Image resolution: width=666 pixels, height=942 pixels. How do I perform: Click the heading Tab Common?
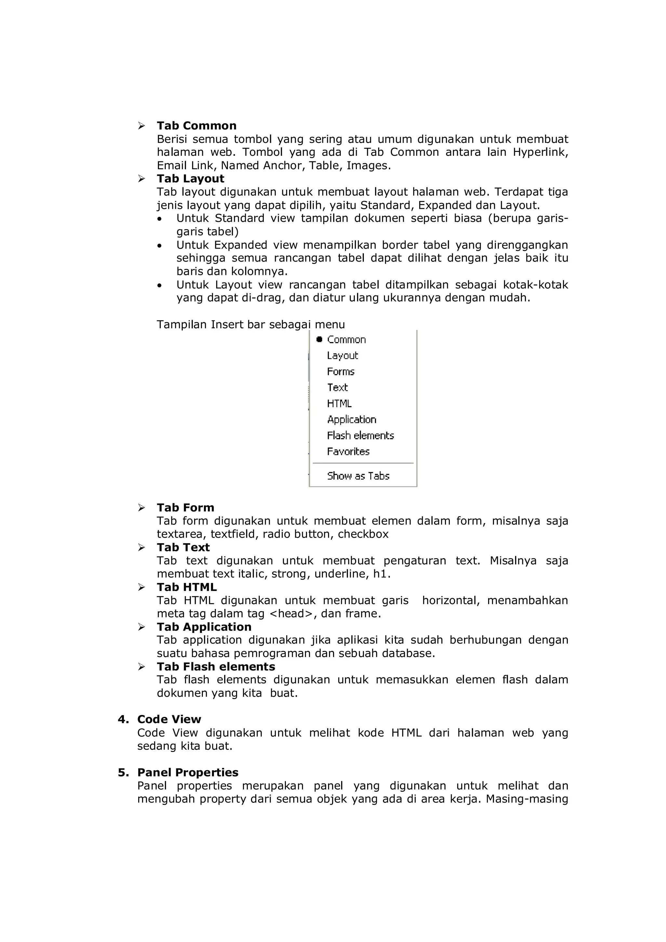[x=196, y=126]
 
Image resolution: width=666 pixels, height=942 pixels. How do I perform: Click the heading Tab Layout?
[x=190, y=179]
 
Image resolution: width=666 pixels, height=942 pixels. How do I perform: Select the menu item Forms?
[x=340, y=372]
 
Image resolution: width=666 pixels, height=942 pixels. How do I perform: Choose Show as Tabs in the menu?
[x=358, y=476]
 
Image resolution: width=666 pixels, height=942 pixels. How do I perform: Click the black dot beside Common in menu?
[x=319, y=339]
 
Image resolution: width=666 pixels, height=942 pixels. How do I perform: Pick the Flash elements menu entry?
[x=360, y=436]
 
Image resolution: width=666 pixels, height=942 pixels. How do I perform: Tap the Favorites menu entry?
[x=348, y=452]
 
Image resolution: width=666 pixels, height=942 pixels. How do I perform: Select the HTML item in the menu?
[x=339, y=404]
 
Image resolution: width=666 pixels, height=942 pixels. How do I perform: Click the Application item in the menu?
[x=352, y=420]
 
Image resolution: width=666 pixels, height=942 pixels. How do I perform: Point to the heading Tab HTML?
[x=187, y=587]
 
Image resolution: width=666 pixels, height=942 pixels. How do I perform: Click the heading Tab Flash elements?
[x=216, y=667]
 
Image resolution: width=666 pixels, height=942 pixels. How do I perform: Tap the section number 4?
[x=123, y=720]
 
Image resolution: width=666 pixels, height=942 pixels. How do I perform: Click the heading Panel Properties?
[x=187, y=773]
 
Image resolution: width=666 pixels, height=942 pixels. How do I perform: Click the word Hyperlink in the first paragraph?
[x=540, y=152]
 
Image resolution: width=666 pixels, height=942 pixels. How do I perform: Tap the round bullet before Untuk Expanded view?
[x=160, y=246]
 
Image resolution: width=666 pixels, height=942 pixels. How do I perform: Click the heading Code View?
[x=169, y=720]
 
